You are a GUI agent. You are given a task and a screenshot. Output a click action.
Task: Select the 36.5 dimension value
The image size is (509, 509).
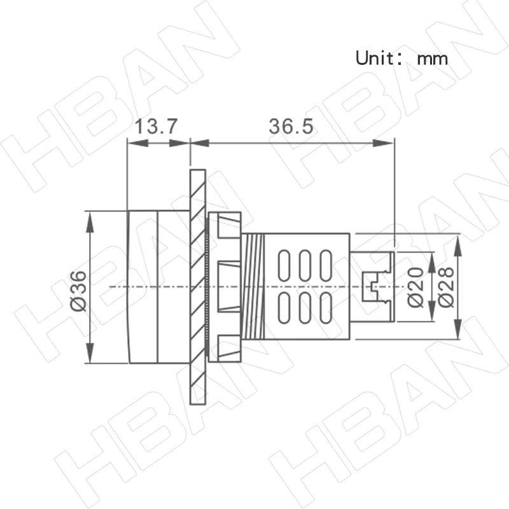tap(291, 127)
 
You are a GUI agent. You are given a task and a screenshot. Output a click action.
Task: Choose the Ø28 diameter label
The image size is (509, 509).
tap(446, 287)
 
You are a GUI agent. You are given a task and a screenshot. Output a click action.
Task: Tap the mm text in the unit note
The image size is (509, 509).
tap(433, 59)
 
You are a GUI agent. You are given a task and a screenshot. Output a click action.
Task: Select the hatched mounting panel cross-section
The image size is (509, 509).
tap(198, 286)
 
